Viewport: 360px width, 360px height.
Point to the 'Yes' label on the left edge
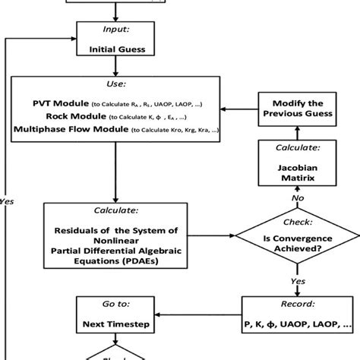[x=7, y=202]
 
